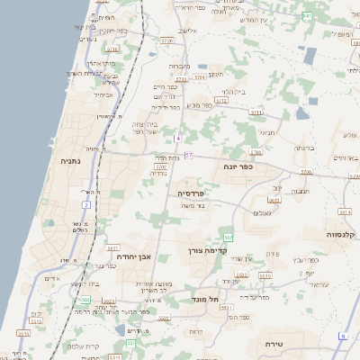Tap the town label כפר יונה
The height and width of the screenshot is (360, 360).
[239, 166]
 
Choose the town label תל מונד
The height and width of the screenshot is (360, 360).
[206, 300]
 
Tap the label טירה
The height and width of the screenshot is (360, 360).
[274, 345]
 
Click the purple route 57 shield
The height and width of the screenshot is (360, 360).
[189, 156]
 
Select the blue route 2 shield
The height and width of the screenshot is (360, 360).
[87, 205]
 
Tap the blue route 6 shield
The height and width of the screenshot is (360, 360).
[342, 336]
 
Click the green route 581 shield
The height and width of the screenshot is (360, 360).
[307, 16]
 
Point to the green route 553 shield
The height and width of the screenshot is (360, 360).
[229, 237]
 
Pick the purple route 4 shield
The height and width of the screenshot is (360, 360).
[178, 138]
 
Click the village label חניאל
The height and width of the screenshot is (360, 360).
[265, 132]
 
